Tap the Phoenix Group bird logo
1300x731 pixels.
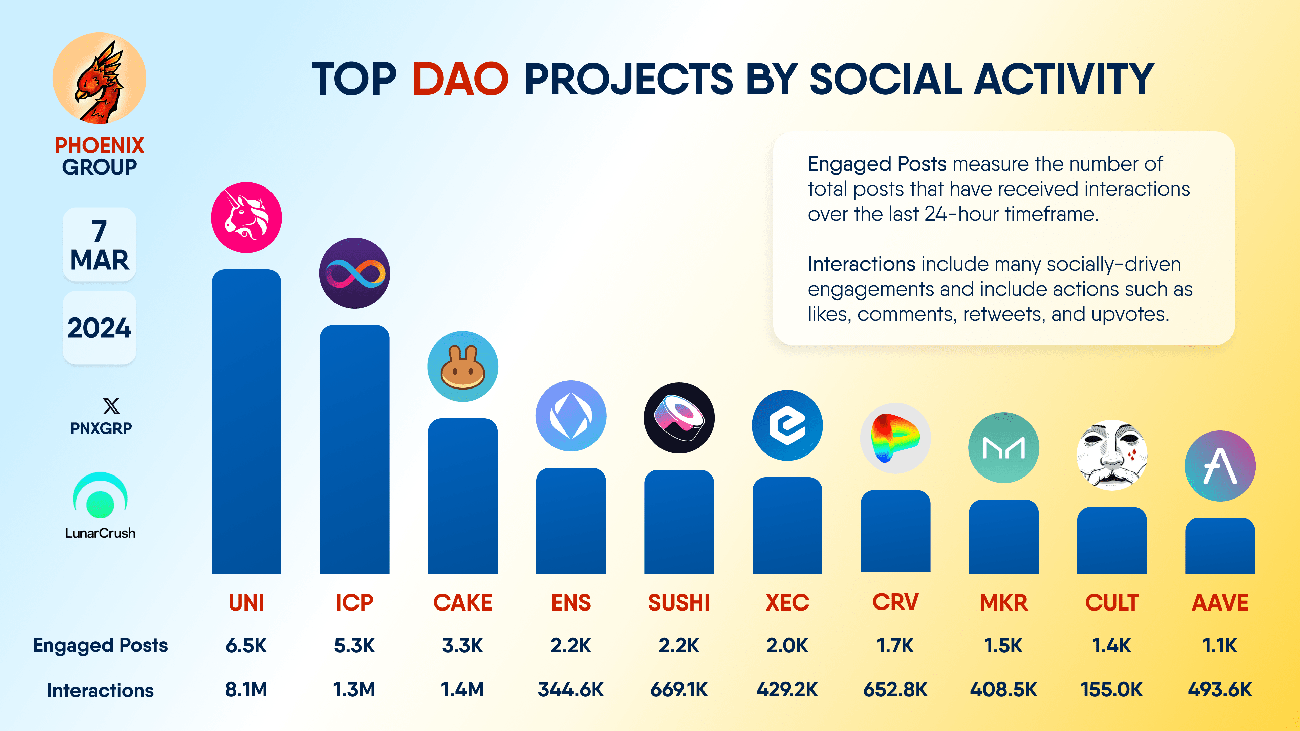click(x=100, y=78)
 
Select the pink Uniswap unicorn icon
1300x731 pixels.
click(x=246, y=217)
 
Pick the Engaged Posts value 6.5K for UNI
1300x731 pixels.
click(x=246, y=645)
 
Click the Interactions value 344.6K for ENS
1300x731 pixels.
click(x=571, y=689)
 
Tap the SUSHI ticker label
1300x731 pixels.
click(x=679, y=602)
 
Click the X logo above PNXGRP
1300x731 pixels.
click(x=111, y=406)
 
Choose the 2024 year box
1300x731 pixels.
click(x=100, y=328)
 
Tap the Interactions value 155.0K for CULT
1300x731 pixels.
click(x=1112, y=689)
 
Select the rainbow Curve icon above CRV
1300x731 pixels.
click(x=895, y=438)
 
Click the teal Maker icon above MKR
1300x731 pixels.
click(x=1004, y=447)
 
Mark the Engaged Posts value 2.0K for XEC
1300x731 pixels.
click(x=787, y=645)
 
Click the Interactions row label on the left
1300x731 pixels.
click(x=101, y=690)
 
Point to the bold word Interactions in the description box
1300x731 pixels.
click(x=862, y=264)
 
